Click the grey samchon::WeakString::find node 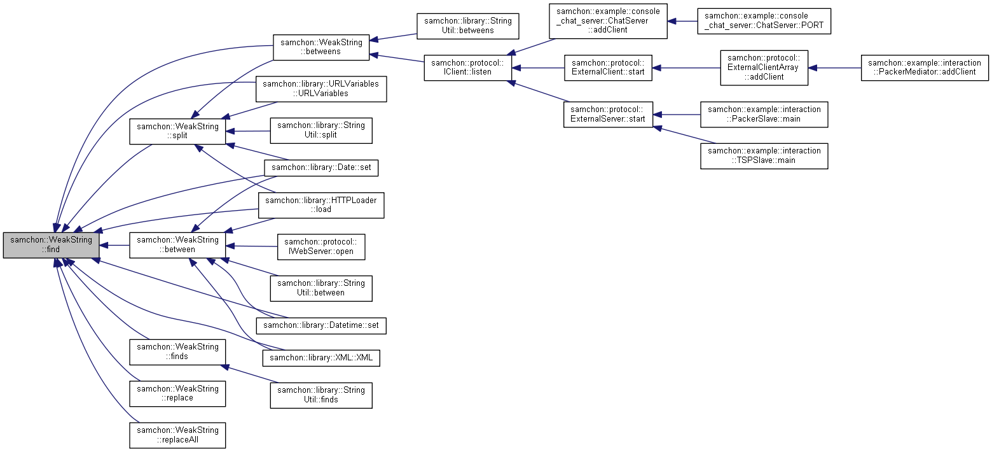(x=51, y=245)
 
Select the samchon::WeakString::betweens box (x=321, y=47)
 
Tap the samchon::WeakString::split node (x=177, y=131)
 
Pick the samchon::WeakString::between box (x=177, y=244)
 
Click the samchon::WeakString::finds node (x=177, y=351)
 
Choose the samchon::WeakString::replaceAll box (x=177, y=435)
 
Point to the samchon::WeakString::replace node (x=177, y=393)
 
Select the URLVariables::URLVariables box (x=321, y=88)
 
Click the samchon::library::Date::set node (x=321, y=167)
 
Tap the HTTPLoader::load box (x=321, y=204)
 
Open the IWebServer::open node (x=321, y=246)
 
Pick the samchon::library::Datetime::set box (x=321, y=325)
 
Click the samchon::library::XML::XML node (x=321, y=358)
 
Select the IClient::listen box (x=467, y=67)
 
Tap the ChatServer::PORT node (x=764, y=21)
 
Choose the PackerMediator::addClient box (x=925, y=67)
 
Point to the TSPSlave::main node (x=764, y=155)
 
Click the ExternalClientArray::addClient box (x=764, y=67)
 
